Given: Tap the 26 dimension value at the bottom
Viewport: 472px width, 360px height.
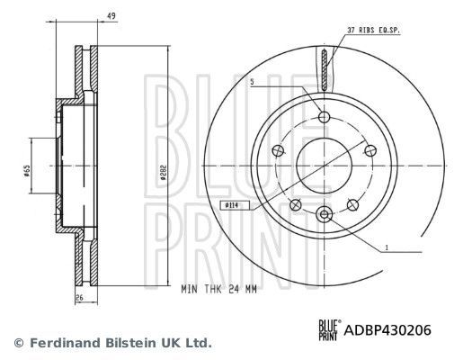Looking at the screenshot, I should tap(79, 298).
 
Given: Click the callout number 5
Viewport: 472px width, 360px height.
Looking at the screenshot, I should tap(254, 82).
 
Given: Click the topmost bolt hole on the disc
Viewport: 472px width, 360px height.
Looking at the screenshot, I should tap(325, 115).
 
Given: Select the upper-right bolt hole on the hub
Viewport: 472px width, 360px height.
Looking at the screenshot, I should tap(368, 149).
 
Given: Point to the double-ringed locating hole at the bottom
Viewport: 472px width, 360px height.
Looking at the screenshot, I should tap(325, 213).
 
